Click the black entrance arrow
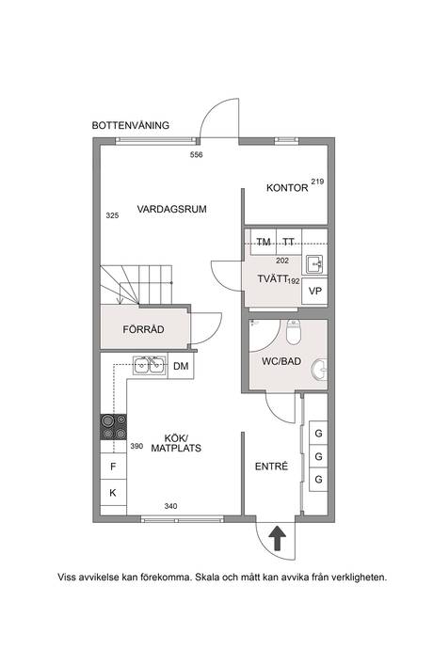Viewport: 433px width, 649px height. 277,538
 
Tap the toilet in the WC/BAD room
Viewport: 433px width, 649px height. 294,331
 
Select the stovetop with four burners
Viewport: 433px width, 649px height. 114,427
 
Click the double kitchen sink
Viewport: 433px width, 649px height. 149,366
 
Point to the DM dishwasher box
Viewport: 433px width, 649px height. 181,366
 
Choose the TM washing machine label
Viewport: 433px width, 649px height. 264,242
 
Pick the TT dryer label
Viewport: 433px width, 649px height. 288,242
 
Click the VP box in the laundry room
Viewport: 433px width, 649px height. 315,292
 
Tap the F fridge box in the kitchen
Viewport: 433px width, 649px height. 113,467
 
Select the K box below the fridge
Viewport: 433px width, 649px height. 113,493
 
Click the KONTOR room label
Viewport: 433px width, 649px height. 287,188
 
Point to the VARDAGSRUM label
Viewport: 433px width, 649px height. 171,209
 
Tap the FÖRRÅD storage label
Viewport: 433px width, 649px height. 143,329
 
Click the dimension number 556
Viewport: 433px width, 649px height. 197,155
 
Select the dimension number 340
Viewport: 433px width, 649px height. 170,506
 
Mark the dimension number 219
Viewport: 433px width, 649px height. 317,182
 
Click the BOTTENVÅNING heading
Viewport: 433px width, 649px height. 131,125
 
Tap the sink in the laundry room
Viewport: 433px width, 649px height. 314,264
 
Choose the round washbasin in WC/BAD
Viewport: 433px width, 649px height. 319,370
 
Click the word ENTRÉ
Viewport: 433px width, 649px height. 271,467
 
